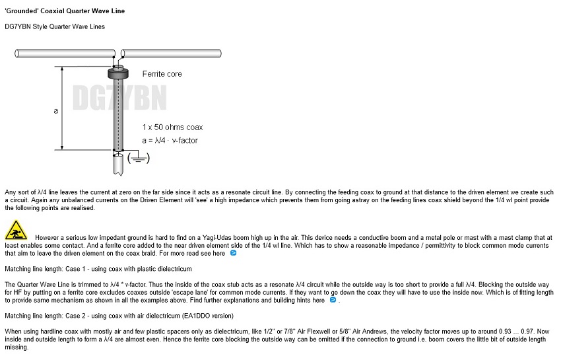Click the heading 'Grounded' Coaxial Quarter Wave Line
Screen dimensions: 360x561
point(64,11)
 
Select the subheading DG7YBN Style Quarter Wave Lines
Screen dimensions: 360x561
point(55,27)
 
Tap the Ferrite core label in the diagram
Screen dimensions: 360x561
point(162,74)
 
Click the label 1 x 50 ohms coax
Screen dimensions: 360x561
point(172,127)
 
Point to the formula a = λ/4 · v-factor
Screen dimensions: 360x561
point(170,140)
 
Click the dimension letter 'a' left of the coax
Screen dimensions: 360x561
point(55,110)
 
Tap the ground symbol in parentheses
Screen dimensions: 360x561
point(139,158)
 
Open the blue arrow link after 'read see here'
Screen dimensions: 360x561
point(233,253)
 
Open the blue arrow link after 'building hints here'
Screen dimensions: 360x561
point(333,300)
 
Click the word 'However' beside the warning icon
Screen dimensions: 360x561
point(49,237)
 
